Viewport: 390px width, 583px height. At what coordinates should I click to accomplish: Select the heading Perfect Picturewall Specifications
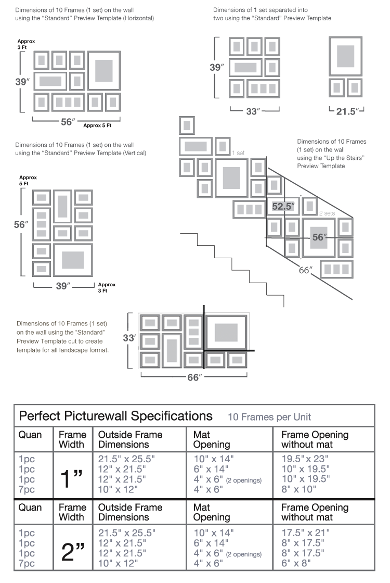[x=115, y=416]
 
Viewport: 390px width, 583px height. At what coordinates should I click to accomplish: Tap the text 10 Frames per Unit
[x=269, y=417]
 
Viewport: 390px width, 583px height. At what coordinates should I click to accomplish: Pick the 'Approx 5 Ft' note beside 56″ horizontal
[x=97, y=125]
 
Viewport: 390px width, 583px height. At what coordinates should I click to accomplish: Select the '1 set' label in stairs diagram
[x=238, y=153]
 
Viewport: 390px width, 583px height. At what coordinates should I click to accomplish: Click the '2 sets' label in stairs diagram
[x=327, y=213]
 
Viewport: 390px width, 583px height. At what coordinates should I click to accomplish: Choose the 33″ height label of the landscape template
[x=129, y=337]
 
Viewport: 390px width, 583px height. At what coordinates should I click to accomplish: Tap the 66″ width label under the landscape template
[x=193, y=377]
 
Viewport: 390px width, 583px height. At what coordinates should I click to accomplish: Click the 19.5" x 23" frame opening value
[x=304, y=459]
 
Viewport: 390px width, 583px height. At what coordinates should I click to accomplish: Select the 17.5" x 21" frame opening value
[x=304, y=533]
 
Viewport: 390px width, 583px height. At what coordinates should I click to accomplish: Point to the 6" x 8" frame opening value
[x=296, y=563]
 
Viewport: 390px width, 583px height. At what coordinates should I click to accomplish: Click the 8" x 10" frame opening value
[x=298, y=489]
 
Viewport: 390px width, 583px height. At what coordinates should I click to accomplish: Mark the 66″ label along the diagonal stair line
[x=305, y=270]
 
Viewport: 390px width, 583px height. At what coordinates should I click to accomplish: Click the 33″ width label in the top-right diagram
[x=252, y=111]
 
